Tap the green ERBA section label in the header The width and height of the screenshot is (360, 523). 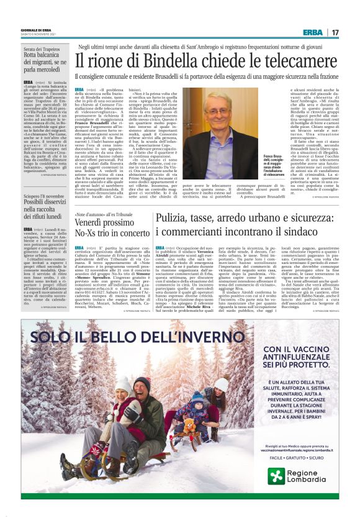coord(313,32)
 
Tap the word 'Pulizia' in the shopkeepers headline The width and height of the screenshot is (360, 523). coord(173,217)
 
